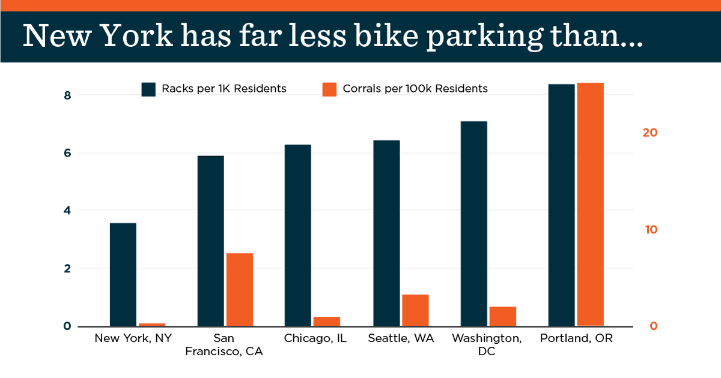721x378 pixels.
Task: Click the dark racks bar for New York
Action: click(123, 275)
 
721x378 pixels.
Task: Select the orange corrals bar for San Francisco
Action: click(240, 290)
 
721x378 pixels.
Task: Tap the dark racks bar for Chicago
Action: click(298, 235)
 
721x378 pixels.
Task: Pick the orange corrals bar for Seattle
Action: click(415, 310)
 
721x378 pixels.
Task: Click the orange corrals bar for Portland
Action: click(590, 205)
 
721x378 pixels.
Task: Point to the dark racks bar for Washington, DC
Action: click(473, 224)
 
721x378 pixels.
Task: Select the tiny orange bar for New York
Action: click(152, 325)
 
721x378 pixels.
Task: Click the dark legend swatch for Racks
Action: click(149, 89)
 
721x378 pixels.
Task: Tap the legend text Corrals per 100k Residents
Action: click(415, 89)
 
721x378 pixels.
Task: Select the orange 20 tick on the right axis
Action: click(650, 133)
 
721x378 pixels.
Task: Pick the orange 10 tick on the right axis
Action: click(650, 230)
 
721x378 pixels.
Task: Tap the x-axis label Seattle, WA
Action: click(401, 339)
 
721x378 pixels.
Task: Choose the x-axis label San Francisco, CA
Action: click(224, 345)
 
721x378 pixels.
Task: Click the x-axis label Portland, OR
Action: click(576, 339)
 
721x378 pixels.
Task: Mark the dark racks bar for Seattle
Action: click(386, 233)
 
